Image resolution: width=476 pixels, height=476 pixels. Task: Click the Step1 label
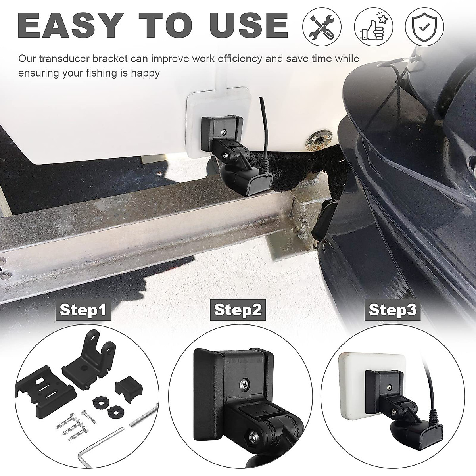click(83, 309)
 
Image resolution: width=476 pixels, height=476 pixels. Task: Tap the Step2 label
click(238, 309)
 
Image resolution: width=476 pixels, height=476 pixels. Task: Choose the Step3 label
click(392, 309)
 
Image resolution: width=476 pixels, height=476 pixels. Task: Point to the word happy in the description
click(144, 73)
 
